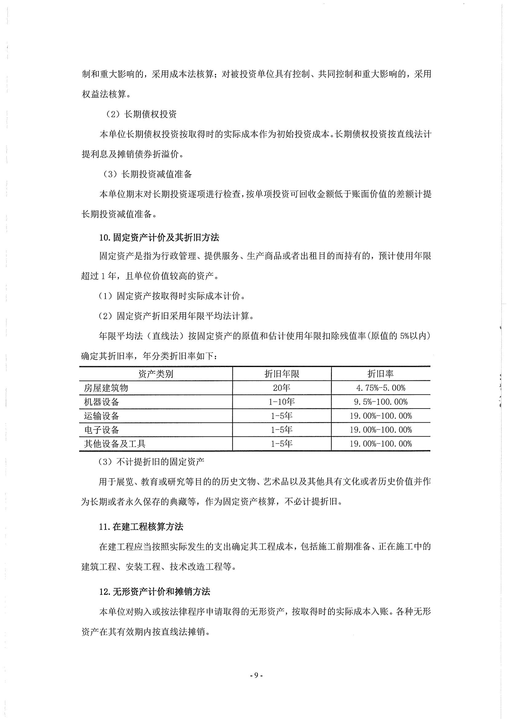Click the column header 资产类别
pos(156,374)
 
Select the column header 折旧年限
pos(282,374)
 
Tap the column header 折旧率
pos(380,374)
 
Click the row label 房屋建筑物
pos(106,388)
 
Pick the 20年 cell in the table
pos(282,388)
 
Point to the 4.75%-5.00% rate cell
pos(380,388)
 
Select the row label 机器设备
pos(101,402)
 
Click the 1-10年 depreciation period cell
pos(282,402)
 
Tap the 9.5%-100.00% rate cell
pos(380,402)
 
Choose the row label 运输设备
pos(101,416)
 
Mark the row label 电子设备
pos(101,430)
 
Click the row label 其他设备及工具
pos(115,444)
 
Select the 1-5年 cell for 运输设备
pos(282,416)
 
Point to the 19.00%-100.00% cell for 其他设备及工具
pos(380,444)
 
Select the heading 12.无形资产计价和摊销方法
pos(155,592)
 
